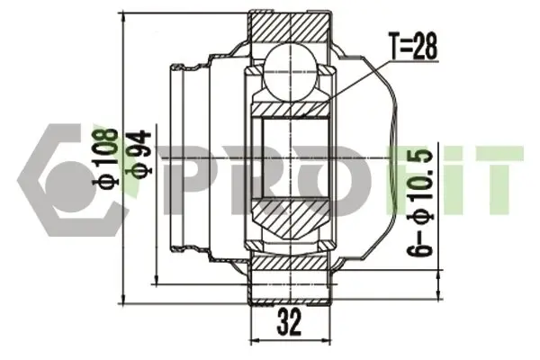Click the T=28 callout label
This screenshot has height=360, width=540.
[413, 47]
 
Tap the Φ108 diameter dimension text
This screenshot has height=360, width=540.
[105, 157]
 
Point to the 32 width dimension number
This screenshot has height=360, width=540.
[289, 322]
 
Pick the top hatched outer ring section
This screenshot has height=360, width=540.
[289, 27]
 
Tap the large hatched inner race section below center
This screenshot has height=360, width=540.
[290, 218]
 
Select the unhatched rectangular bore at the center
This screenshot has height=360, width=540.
[295, 157]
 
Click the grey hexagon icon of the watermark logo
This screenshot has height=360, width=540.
[69, 180]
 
